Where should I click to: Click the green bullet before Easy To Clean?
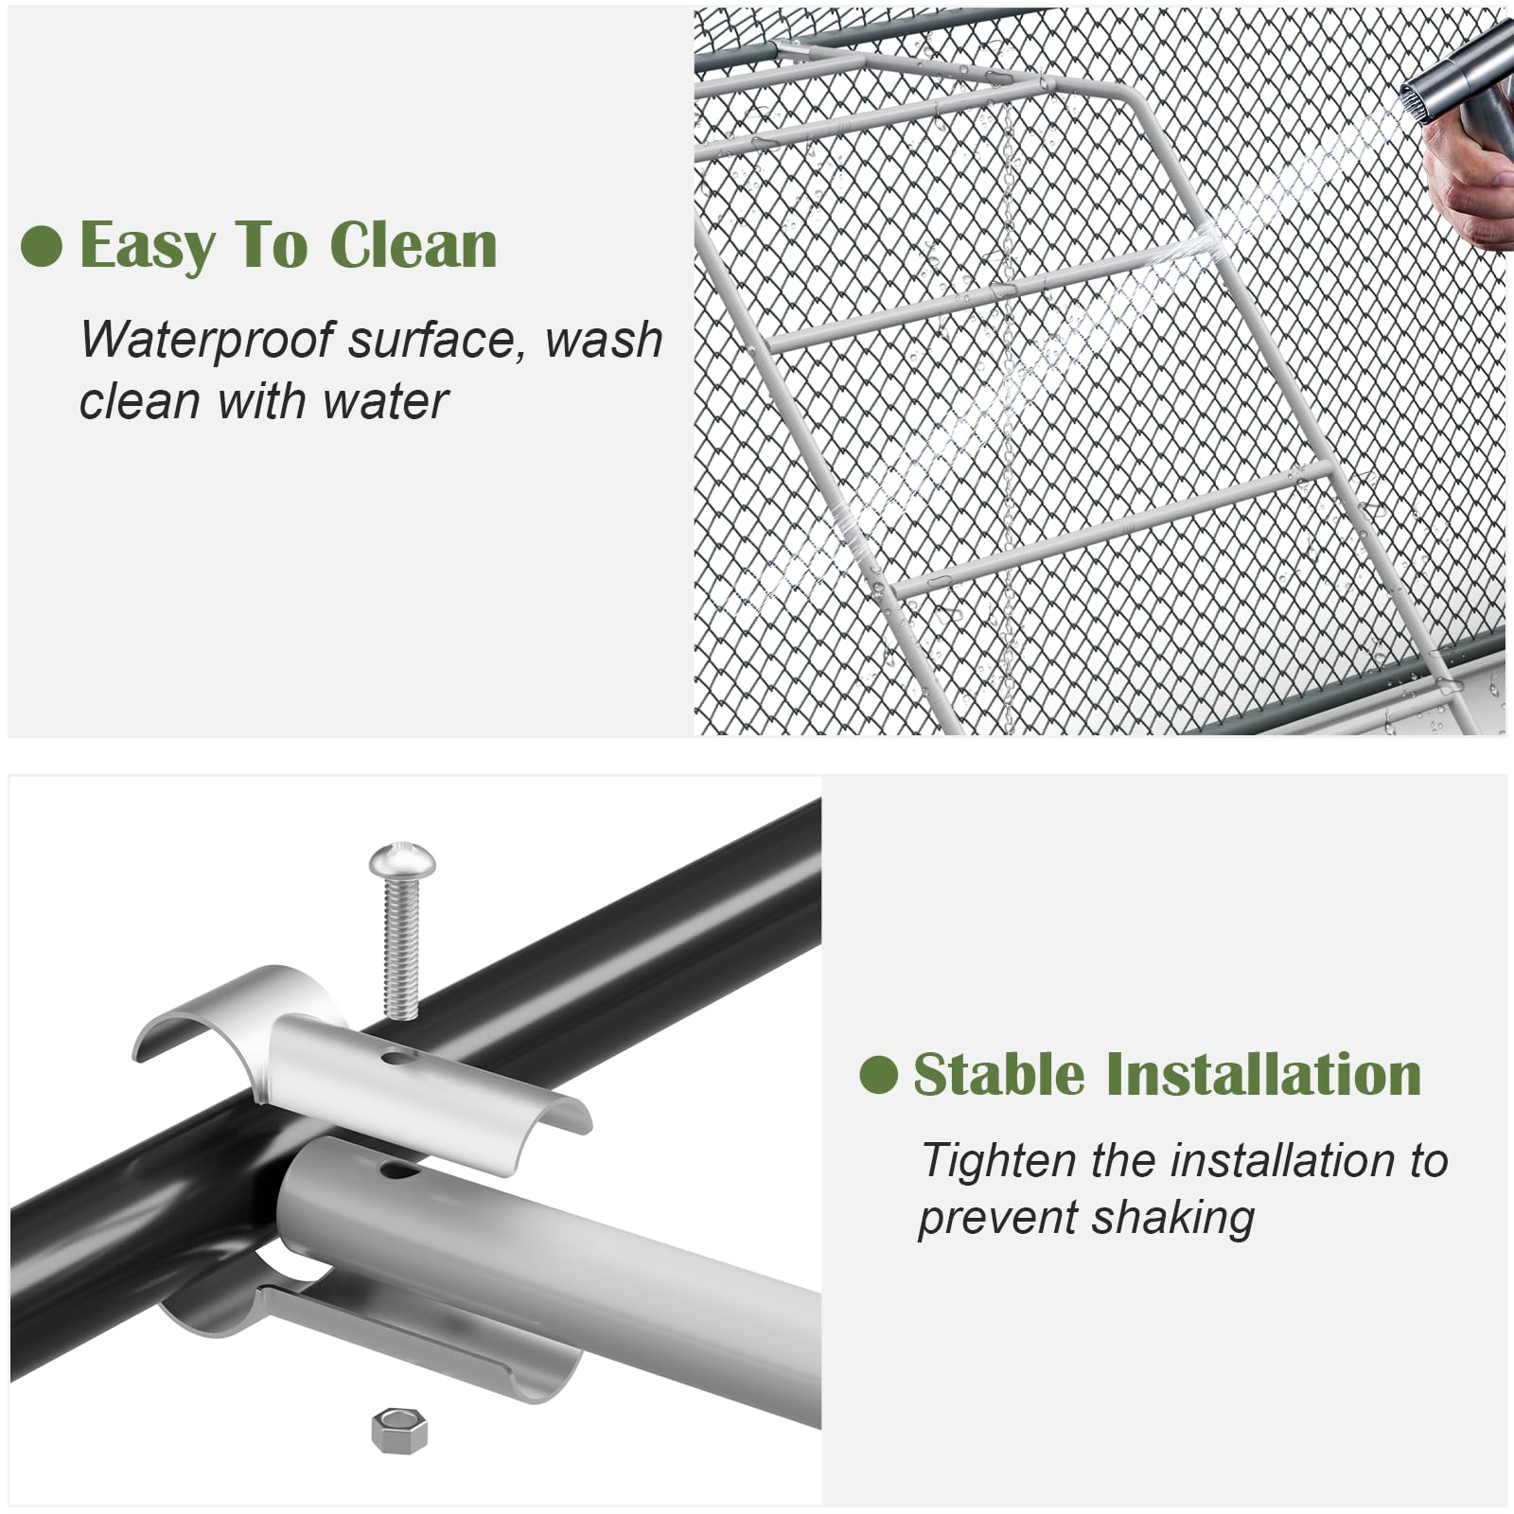tap(41, 246)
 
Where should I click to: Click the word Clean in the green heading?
tap(414, 245)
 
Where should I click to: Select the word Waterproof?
tap(207, 341)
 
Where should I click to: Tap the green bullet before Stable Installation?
tap(878, 1075)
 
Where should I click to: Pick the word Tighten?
tap(1000, 1162)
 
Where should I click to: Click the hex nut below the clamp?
tap(399, 1432)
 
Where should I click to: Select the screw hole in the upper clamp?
tap(397, 1055)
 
